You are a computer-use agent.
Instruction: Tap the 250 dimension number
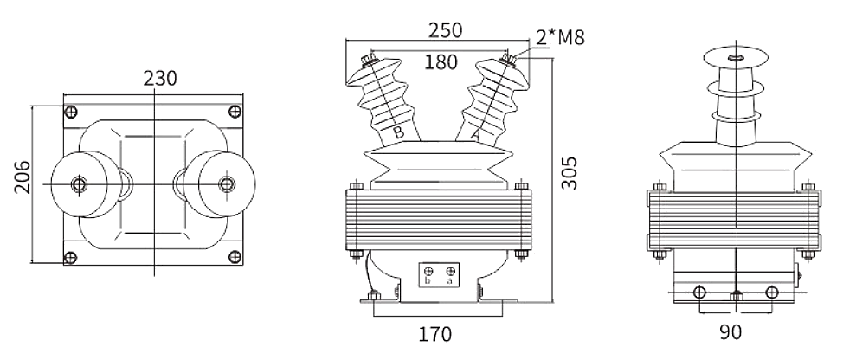click(444, 29)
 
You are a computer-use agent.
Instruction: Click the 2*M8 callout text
click(560, 37)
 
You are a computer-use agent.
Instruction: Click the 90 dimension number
click(732, 331)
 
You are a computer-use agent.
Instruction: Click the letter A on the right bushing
click(474, 135)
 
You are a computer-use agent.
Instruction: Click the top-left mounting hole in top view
click(71, 111)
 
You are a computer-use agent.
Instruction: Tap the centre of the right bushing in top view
click(227, 183)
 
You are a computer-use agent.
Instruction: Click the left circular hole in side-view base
click(699, 292)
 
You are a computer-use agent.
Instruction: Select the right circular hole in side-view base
click(771, 292)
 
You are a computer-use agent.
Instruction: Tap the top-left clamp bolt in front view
click(356, 185)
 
